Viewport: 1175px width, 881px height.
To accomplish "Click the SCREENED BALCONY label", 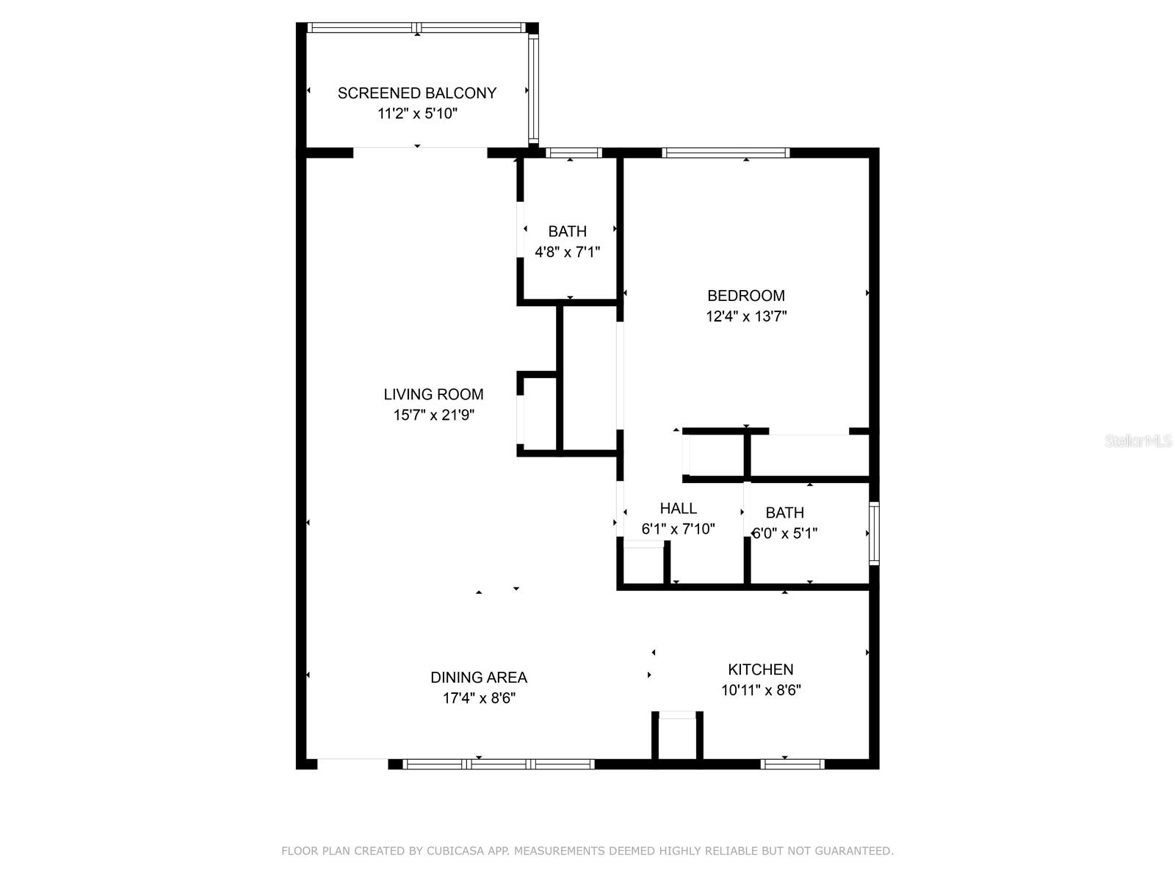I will pos(416,93).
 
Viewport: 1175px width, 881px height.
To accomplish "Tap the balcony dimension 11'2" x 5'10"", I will pos(416,114).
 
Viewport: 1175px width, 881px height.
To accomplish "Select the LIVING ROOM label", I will pos(433,394).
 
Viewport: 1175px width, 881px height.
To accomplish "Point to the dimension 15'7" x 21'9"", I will pos(433,415).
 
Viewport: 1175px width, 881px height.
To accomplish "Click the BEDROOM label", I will pos(745,296).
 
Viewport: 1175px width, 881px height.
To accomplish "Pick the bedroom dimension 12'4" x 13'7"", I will pos(745,316).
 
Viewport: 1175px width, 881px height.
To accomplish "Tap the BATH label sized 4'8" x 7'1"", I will pos(567,231).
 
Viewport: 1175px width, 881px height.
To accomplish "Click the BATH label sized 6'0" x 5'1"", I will pos(784,512).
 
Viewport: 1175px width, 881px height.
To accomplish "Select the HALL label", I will pos(678,508).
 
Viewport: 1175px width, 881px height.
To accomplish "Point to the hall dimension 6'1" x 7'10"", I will pos(678,529).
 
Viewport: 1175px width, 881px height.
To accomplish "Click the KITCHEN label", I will pos(760,670).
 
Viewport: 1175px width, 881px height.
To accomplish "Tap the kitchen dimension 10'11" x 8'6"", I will pos(760,690).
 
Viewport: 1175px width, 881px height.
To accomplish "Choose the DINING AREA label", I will pos(478,678).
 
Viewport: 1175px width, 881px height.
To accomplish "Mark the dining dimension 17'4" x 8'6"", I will pos(478,698).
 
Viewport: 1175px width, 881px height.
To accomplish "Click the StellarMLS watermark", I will pos(1138,441).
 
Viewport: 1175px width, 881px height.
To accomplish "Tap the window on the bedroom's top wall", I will pos(726,153).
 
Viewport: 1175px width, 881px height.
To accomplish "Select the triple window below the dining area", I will pos(499,764).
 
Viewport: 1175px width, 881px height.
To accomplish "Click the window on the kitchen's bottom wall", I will pos(792,764).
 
